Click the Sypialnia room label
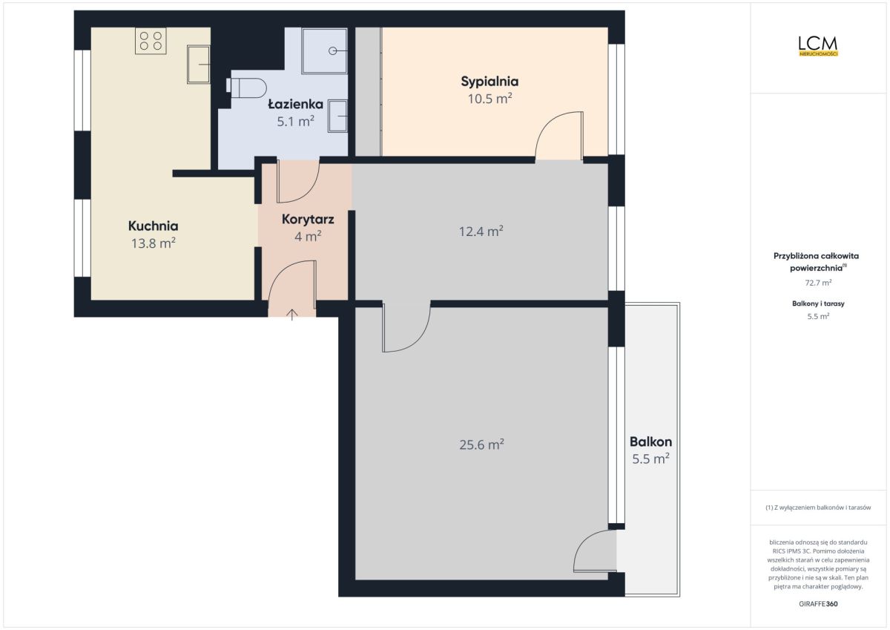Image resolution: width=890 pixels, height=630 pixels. tap(489, 82)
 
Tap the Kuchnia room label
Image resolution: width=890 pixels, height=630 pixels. tap(153, 226)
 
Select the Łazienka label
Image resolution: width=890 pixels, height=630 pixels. tap(296, 104)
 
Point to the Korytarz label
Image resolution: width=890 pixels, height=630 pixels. tap(308, 220)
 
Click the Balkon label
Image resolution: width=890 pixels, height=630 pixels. tap(651, 442)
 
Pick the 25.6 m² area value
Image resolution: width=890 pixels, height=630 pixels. tap(481, 444)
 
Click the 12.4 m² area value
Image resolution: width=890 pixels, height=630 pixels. tap(481, 231)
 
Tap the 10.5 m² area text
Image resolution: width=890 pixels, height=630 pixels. tap(489, 98)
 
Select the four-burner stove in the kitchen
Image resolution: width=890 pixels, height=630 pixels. tap(151, 41)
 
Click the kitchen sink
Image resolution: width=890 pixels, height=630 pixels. tap(199, 65)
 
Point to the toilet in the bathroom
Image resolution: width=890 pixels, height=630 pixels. tap(246, 88)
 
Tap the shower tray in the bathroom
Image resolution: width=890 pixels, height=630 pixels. tap(324, 51)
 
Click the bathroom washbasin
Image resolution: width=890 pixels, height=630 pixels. tap(337, 116)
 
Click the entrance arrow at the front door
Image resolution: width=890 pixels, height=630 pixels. tap(292, 315)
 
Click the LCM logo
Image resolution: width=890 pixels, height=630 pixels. tap(818, 47)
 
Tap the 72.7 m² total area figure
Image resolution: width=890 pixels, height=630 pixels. tap(818, 283)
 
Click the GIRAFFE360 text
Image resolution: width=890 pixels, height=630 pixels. tap(818, 604)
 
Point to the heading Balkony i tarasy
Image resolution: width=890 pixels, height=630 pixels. tap(818, 303)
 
